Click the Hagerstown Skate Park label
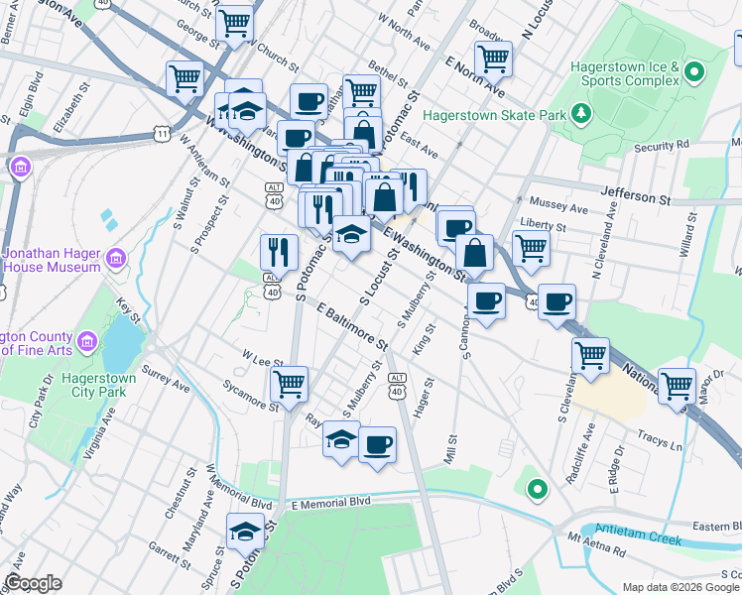493,115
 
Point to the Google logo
33,583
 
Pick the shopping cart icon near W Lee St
289,384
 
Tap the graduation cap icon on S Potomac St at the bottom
245,532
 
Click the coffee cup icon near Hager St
376,444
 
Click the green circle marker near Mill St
537,489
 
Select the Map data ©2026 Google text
680,587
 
